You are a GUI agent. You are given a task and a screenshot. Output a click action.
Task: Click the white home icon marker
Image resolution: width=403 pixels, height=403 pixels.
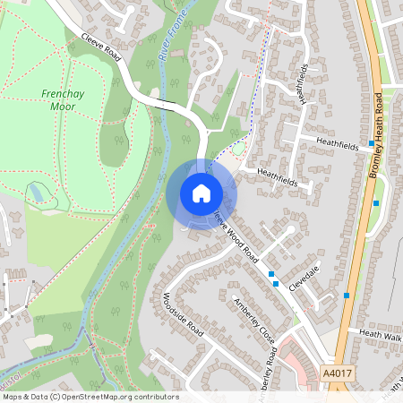click(201, 193)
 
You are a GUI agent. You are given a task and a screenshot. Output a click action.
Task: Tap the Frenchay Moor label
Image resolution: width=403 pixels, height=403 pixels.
click(63, 99)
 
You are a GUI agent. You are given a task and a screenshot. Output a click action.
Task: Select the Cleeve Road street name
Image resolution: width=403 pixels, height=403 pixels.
click(101, 46)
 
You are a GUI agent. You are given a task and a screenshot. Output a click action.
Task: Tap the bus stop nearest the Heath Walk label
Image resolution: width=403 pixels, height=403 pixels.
click(346, 295)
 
